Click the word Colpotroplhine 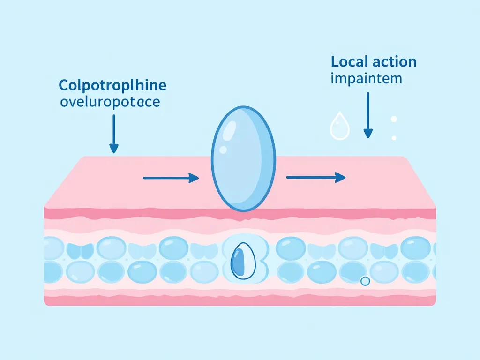tap(112, 86)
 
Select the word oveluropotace tap(110, 102)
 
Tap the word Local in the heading tap(349, 62)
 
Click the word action tap(393, 62)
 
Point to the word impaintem tap(366, 78)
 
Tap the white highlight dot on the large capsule tap(223, 150)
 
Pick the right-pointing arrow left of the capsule tap(171, 178)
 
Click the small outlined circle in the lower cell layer tap(365, 281)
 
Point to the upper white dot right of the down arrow tap(394, 119)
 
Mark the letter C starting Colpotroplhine tap(63, 86)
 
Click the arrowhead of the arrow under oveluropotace tap(113, 149)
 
